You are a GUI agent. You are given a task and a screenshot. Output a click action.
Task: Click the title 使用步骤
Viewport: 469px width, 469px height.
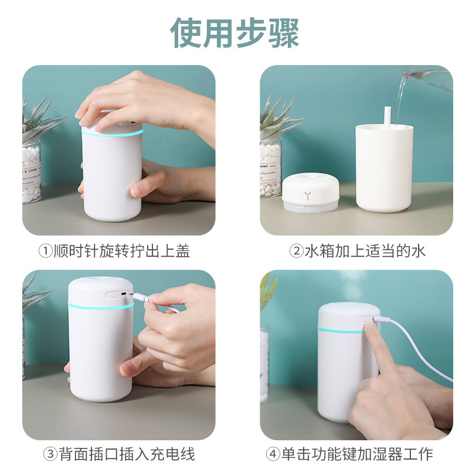(x=235, y=32)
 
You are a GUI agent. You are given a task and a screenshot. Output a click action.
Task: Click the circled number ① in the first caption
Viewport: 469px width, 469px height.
(x=46, y=252)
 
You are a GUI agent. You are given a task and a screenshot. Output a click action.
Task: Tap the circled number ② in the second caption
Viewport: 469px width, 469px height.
(x=297, y=252)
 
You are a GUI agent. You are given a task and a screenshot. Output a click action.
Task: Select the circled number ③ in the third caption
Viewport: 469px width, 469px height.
(x=50, y=454)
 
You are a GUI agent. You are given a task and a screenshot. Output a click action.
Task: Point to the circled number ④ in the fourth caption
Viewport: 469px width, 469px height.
(x=273, y=454)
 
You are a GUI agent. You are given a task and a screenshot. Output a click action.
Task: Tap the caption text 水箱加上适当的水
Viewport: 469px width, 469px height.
(x=365, y=252)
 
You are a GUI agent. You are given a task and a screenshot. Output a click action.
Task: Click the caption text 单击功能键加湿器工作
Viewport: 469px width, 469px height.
(x=357, y=454)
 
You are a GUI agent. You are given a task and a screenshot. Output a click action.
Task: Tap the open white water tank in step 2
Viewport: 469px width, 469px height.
(x=385, y=170)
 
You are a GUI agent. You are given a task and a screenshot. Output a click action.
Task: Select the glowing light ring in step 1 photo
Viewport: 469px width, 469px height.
(x=111, y=133)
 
